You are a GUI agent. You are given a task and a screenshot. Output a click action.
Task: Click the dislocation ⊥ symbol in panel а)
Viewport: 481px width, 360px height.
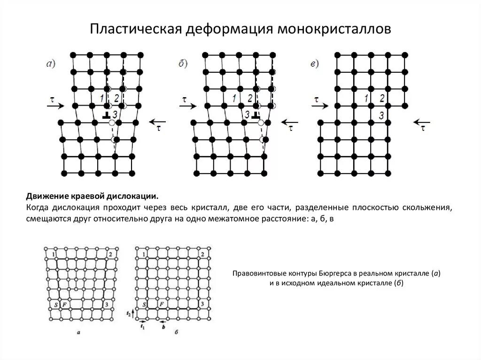(107, 115)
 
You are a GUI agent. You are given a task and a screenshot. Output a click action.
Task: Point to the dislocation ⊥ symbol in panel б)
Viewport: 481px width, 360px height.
(256, 115)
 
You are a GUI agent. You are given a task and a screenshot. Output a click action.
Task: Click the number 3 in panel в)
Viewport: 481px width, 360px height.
(382, 115)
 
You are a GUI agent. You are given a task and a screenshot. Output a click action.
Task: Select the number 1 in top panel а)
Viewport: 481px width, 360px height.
(102, 98)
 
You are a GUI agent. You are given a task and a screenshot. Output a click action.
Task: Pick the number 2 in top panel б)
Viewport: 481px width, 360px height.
(250, 98)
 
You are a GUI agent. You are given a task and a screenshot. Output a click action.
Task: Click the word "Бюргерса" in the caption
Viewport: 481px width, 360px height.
(334, 273)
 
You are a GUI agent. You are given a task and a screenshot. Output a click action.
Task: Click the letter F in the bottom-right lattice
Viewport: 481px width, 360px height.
(161, 305)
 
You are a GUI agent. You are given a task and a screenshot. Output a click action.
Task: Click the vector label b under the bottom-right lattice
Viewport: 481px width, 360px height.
(163, 326)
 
